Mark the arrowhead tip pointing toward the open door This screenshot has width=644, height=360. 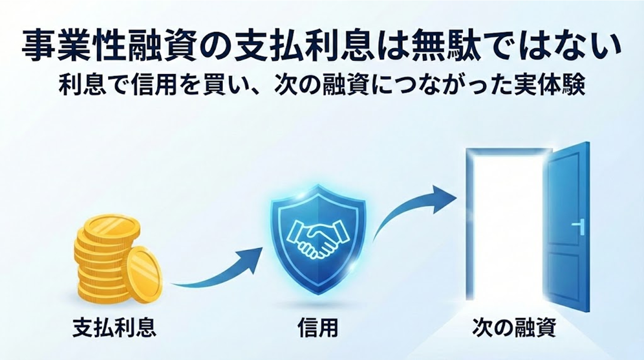coord(457,198)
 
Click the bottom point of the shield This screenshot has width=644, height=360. coord(318,295)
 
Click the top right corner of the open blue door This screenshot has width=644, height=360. coord(589,142)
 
